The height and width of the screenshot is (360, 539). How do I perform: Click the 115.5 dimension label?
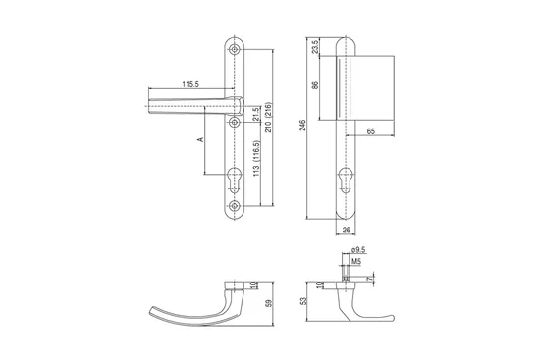[x=190, y=84]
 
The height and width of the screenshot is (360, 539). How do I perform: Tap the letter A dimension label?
[x=200, y=139]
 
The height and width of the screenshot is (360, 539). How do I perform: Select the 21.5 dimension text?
[x=255, y=114]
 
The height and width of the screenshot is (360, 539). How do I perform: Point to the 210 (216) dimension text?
[x=268, y=117]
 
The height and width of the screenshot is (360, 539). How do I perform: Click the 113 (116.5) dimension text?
[x=256, y=159]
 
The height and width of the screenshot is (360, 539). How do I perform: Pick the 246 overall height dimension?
[x=302, y=125]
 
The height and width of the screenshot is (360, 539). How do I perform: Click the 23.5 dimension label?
[x=315, y=47]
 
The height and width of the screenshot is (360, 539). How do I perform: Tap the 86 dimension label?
[x=315, y=85]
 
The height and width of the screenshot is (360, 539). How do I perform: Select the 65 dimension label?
[x=371, y=131]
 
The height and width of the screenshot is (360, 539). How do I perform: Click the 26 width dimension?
[x=347, y=230]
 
